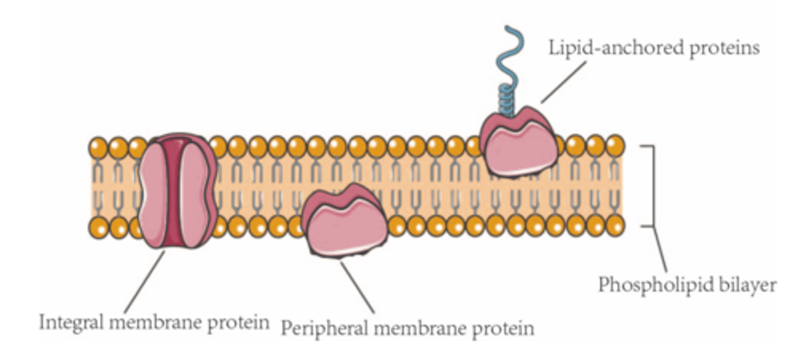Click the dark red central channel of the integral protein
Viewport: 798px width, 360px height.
click(176, 191)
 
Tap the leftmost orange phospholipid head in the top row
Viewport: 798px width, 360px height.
click(99, 148)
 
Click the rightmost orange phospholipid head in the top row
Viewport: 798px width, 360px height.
click(615, 146)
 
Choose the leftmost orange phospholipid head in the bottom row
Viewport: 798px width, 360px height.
click(99, 227)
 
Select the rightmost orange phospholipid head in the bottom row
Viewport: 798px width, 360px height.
click(615, 226)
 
